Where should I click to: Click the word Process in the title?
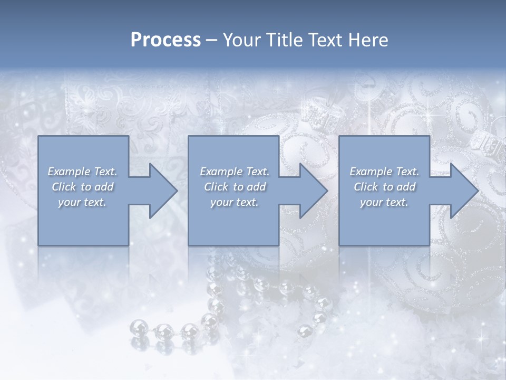[166, 40]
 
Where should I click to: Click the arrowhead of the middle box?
[313, 191]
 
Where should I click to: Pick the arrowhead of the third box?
[463, 191]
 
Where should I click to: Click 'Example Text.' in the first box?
[83, 172]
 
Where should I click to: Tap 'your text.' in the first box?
[83, 202]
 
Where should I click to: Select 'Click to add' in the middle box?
[235, 187]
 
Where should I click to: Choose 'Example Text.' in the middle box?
[235, 172]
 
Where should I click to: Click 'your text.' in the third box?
[384, 202]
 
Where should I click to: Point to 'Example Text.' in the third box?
[384, 172]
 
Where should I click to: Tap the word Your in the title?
[240, 40]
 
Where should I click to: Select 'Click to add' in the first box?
[83, 187]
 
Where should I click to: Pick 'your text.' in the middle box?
[235, 202]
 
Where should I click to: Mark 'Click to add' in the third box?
[384, 187]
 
